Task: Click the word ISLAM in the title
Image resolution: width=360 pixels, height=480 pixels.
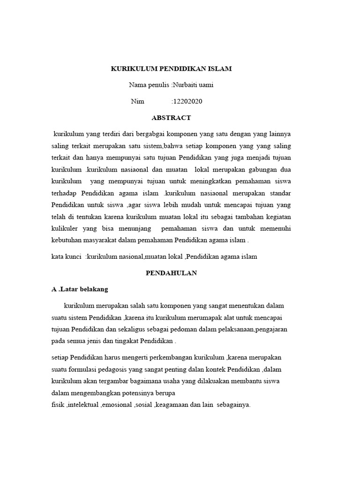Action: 220,69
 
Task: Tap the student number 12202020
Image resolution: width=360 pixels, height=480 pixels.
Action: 188,101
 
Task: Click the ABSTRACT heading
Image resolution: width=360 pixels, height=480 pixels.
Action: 171,118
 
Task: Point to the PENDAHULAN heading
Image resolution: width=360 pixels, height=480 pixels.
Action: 171,273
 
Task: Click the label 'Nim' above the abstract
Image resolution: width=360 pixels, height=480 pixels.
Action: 137,101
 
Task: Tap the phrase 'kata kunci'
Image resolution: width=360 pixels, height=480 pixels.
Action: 66,257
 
